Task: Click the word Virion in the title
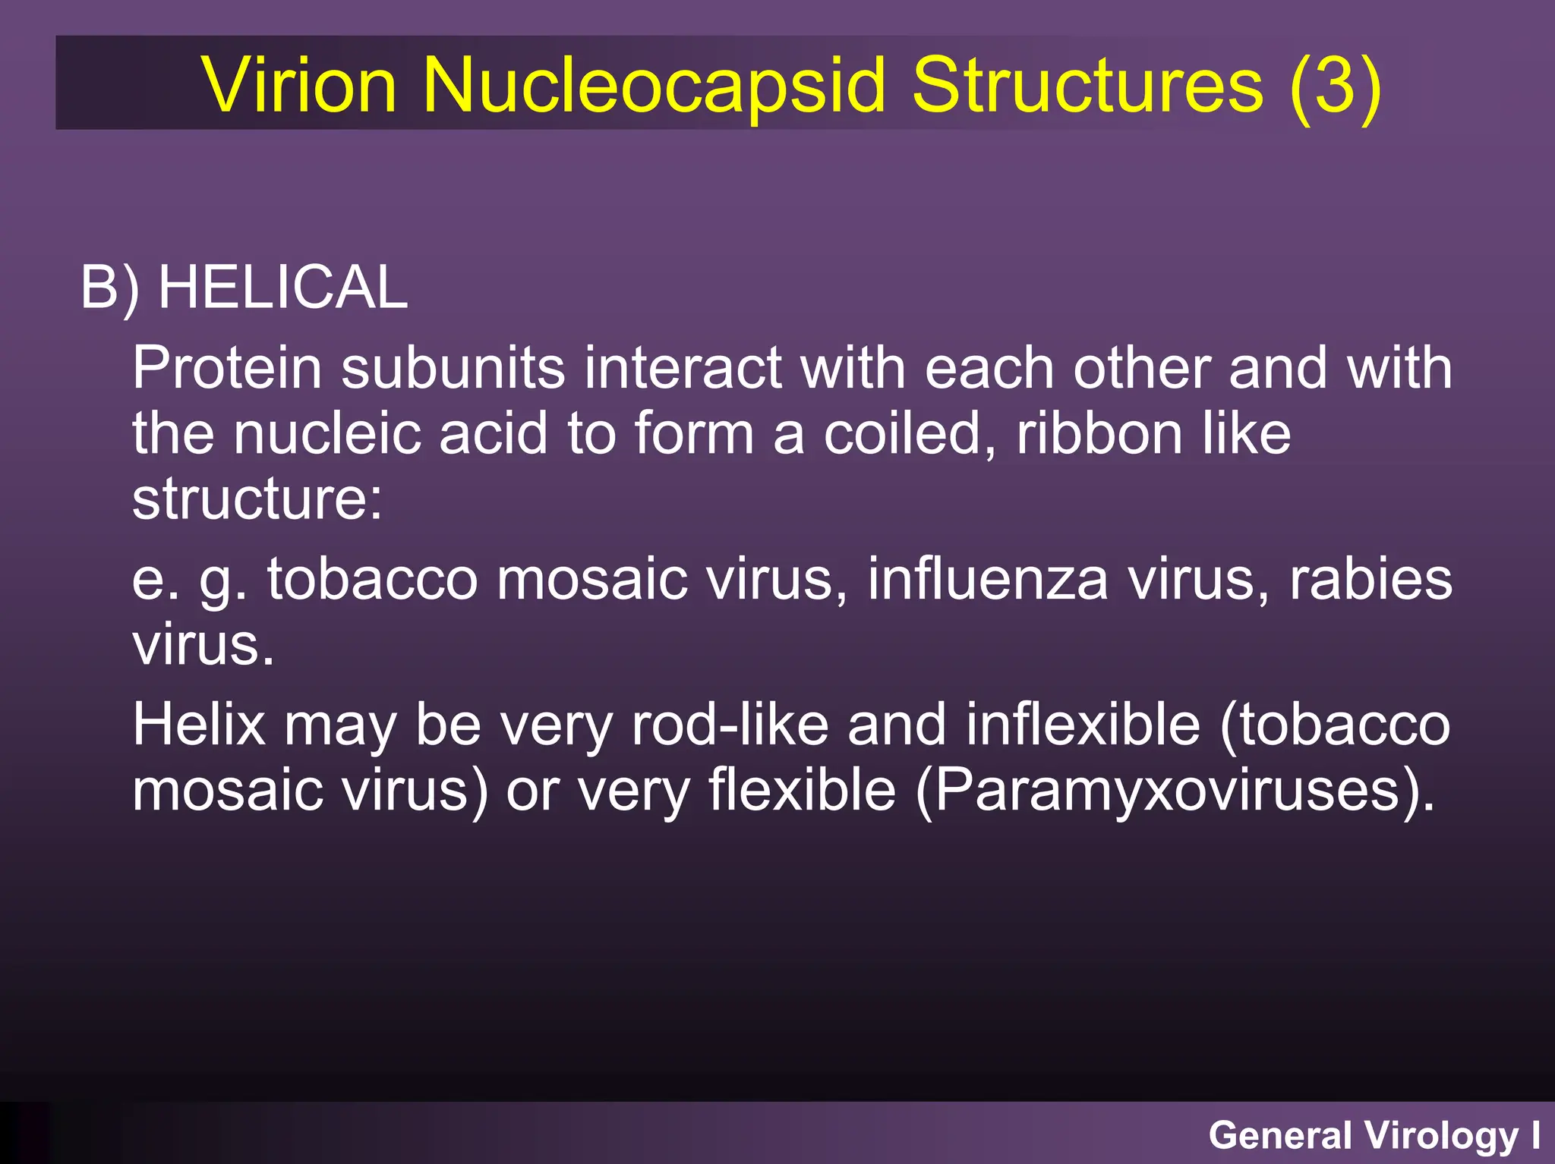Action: pos(299,85)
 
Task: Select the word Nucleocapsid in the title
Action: pos(654,85)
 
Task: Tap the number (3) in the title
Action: pos(1336,85)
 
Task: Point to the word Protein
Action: pos(227,368)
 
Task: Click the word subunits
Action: pos(453,368)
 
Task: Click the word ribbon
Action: pos(1099,434)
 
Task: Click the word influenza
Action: pos(987,579)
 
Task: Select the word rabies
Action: pos(1370,579)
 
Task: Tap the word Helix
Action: pos(199,725)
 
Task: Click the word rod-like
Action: pos(730,725)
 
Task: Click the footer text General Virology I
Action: pos(1374,1136)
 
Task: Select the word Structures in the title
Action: pos(1087,85)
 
